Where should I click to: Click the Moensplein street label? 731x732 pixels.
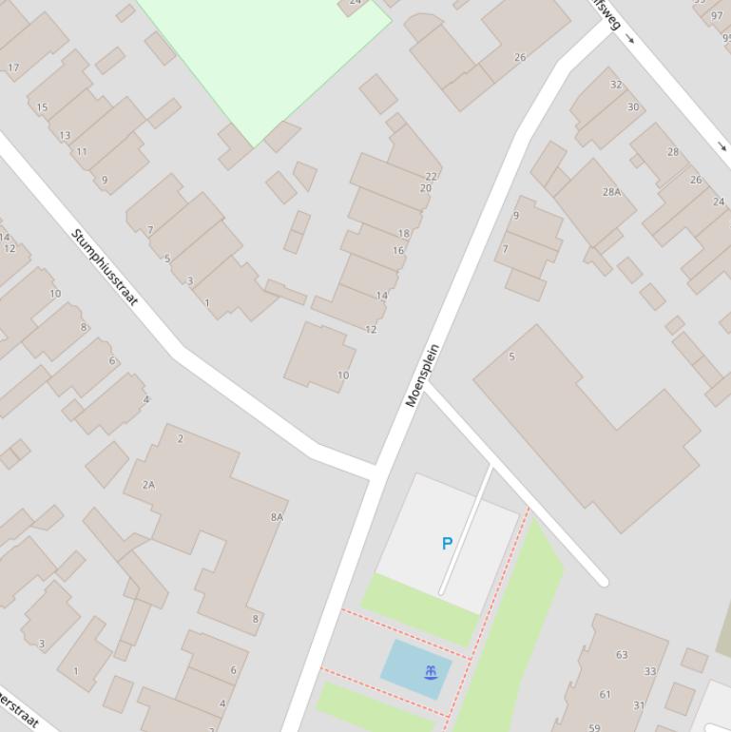click(x=424, y=376)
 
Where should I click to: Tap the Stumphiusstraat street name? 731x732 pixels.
click(x=105, y=267)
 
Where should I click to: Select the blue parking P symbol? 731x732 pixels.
click(x=447, y=544)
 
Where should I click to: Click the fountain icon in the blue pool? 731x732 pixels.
click(x=432, y=673)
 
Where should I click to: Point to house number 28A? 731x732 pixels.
click(x=611, y=192)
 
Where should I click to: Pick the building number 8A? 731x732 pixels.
click(x=277, y=517)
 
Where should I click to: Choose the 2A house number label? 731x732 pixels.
click(x=148, y=485)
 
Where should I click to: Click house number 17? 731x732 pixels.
click(x=13, y=67)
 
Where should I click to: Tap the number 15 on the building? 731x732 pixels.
click(x=42, y=107)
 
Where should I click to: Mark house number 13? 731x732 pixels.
click(x=65, y=135)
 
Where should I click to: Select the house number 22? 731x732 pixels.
click(x=432, y=176)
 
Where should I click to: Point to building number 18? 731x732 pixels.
click(x=404, y=233)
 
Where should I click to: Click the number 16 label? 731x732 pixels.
click(x=398, y=251)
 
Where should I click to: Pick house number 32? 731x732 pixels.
click(x=616, y=85)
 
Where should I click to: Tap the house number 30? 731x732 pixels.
click(x=633, y=107)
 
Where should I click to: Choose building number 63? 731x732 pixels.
click(x=622, y=654)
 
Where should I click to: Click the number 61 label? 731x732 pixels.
click(x=606, y=694)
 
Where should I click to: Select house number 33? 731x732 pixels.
click(x=650, y=671)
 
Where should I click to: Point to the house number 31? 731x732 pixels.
click(x=639, y=705)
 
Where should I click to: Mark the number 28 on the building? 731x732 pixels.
click(x=673, y=152)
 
